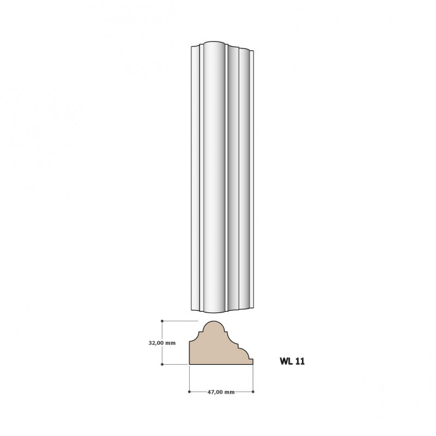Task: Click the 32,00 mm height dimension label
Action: point(162,343)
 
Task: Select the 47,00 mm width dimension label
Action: point(221,392)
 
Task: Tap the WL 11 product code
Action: point(292,361)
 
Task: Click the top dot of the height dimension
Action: point(162,321)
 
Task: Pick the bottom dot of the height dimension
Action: point(162,364)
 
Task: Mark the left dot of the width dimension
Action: point(189,392)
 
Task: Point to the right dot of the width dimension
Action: point(253,392)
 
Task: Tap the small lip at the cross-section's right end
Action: point(251,361)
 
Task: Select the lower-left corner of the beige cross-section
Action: point(189,364)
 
